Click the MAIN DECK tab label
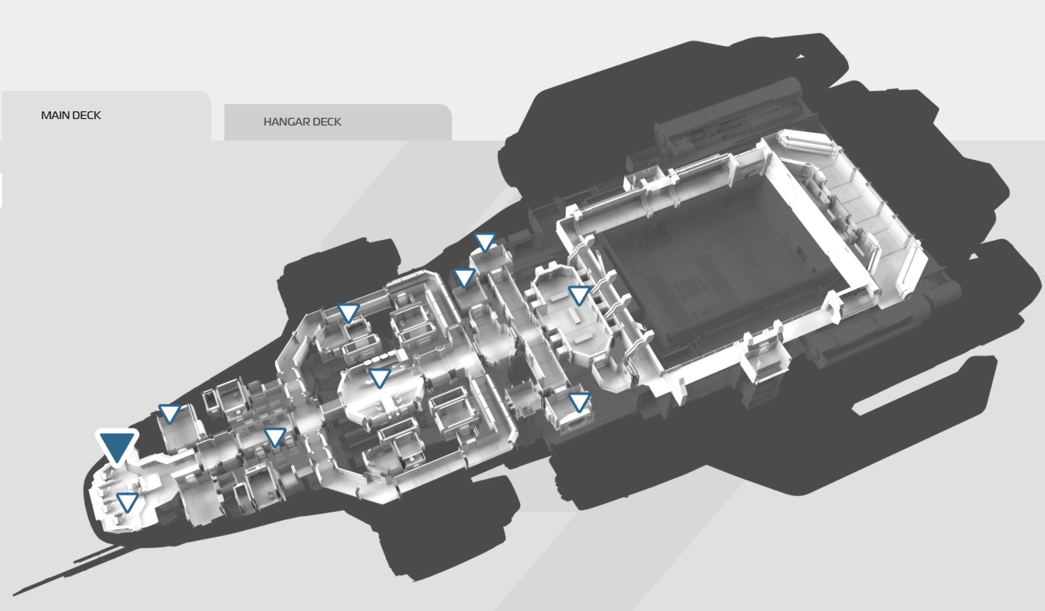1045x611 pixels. tap(71, 115)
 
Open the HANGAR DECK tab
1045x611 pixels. tap(302, 122)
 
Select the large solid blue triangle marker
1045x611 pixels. tap(117, 447)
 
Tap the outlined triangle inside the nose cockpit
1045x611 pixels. tap(127, 502)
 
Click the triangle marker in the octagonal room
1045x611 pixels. tap(579, 295)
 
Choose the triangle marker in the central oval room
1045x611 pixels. tap(379, 378)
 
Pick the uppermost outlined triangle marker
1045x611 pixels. tap(485, 242)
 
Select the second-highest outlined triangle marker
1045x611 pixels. tap(465, 278)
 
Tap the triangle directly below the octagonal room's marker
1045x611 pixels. tap(579, 402)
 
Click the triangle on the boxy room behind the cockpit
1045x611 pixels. tap(170, 414)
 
